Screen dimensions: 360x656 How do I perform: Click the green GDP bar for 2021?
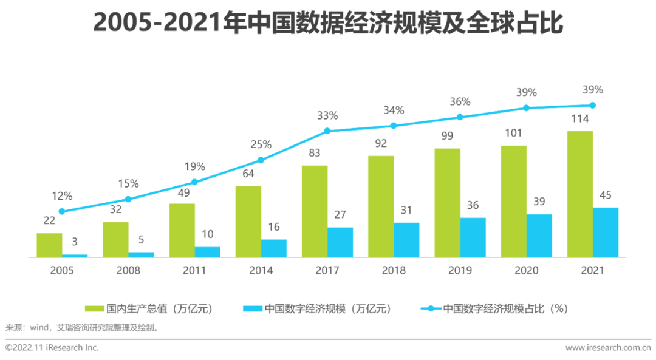pos(579,194)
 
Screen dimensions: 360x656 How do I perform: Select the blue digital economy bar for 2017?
pos(340,242)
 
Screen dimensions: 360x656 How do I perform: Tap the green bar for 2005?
pos(49,245)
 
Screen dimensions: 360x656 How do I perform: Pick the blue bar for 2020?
pos(539,236)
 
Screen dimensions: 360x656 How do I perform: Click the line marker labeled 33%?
pos(327,131)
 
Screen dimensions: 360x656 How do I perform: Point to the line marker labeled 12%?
pos(61,211)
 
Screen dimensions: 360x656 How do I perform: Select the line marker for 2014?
pos(261,160)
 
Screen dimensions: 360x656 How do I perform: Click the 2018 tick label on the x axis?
pos(394,271)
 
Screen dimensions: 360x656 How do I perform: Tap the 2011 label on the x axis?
pos(194,271)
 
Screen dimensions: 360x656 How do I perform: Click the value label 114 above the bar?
pos(579,119)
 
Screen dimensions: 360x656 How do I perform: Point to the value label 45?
pos(605,195)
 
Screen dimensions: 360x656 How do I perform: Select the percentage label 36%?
pos(460,102)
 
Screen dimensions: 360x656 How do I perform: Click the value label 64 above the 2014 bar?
pos(248,174)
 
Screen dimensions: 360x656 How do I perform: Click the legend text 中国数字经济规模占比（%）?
pos(505,308)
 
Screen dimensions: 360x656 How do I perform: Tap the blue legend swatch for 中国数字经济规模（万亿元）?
pos(252,308)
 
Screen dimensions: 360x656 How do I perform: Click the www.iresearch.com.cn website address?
pos(607,348)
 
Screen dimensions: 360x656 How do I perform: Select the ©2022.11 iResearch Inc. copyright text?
pos(52,348)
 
